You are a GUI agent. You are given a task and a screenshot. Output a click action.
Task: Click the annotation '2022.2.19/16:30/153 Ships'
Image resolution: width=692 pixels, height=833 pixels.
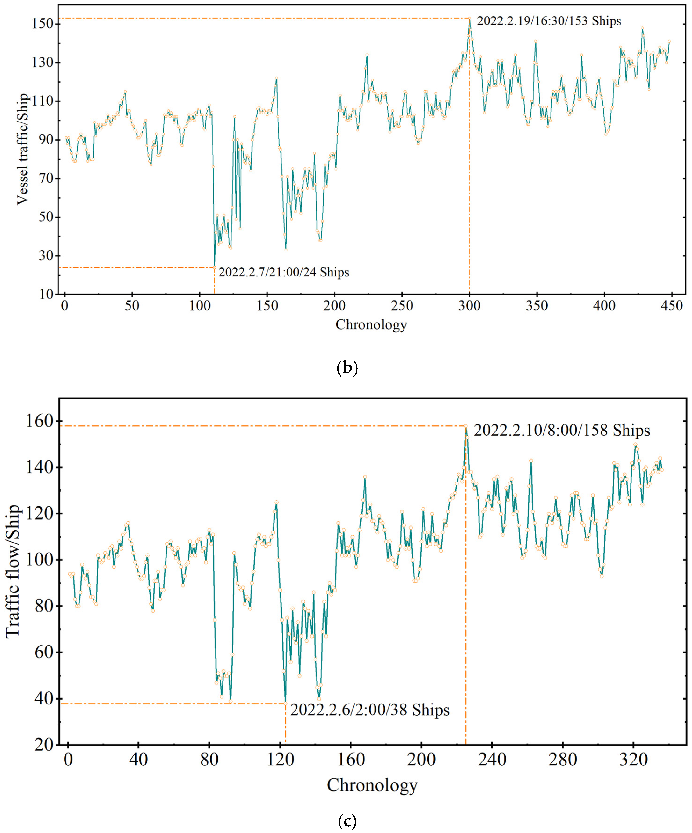pyautogui.click(x=549, y=21)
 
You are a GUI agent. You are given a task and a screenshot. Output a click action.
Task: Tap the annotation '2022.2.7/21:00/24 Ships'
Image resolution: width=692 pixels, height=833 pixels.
pyautogui.click(x=284, y=273)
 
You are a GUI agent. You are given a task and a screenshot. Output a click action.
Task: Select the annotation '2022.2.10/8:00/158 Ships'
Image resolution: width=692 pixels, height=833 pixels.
pyautogui.click(x=562, y=430)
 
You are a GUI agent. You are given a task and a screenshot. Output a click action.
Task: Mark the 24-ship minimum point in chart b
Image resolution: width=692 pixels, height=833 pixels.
pyautogui.click(x=215, y=267)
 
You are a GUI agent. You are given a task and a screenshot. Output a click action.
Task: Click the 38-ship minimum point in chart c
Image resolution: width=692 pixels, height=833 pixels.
pyautogui.click(x=285, y=704)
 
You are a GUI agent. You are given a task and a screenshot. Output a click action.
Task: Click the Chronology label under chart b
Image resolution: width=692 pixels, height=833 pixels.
pyautogui.click(x=371, y=325)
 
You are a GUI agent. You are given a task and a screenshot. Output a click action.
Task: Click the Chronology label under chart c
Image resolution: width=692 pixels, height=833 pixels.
pyautogui.click(x=372, y=785)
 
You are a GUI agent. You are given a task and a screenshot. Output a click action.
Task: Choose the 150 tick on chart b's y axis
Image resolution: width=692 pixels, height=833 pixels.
pyautogui.click(x=43, y=24)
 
